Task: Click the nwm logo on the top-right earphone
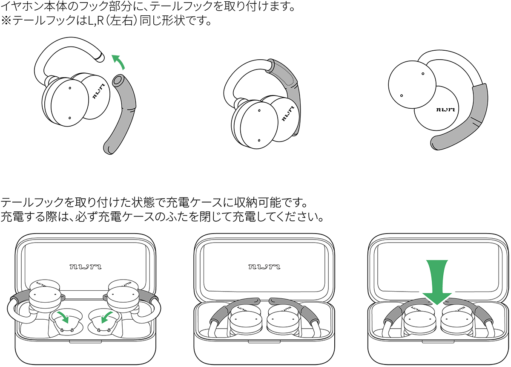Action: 445,110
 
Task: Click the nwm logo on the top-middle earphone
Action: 288,114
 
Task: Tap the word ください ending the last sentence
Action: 300,217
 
